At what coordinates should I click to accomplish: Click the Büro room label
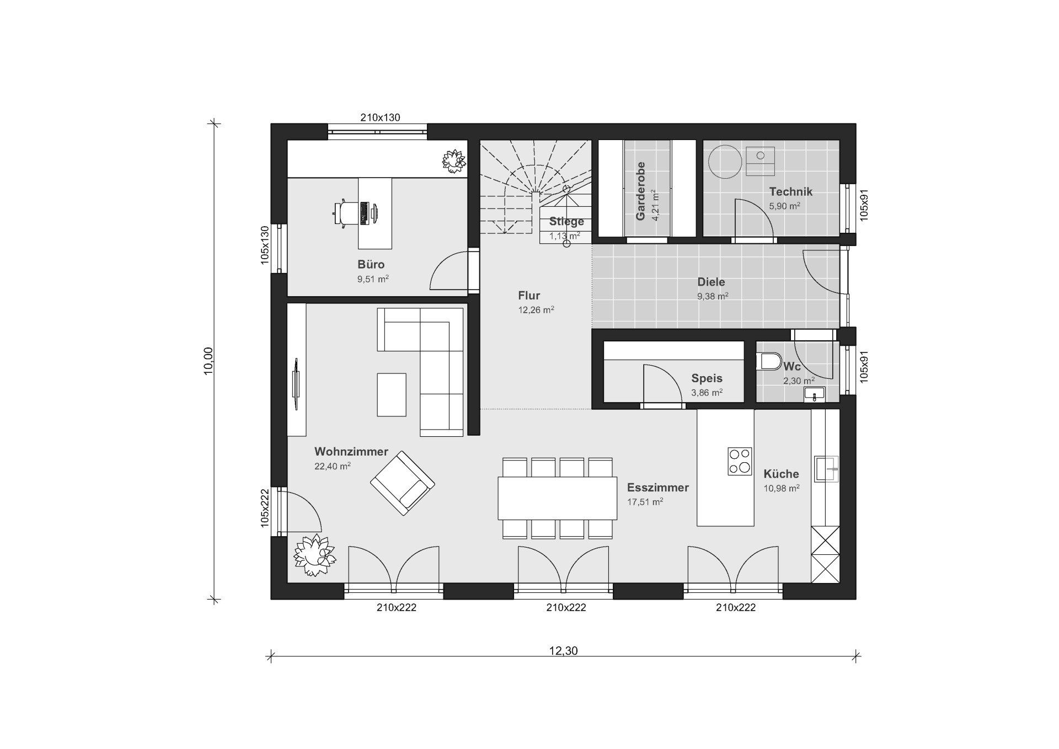click(371, 264)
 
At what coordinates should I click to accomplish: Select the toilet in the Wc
click(769, 362)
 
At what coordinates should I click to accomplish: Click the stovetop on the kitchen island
click(740, 461)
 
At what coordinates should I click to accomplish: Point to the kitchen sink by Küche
click(826, 469)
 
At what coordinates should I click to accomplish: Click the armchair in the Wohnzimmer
click(402, 483)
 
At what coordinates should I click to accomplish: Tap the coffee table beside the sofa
click(392, 395)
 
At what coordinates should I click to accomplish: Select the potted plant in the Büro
click(453, 161)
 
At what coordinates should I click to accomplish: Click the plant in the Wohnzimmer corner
click(314, 555)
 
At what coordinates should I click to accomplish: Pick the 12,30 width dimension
click(563, 651)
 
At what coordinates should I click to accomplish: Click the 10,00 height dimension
click(208, 361)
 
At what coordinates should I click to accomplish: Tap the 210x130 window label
click(380, 117)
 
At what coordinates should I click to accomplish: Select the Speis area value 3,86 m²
click(707, 393)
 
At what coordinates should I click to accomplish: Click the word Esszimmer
click(658, 488)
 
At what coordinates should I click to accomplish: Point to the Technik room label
click(791, 192)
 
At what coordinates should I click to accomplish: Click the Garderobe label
click(640, 191)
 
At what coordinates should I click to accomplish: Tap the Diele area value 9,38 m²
click(713, 296)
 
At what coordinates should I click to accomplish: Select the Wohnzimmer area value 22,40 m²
click(333, 466)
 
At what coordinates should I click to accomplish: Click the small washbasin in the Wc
click(814, 394)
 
